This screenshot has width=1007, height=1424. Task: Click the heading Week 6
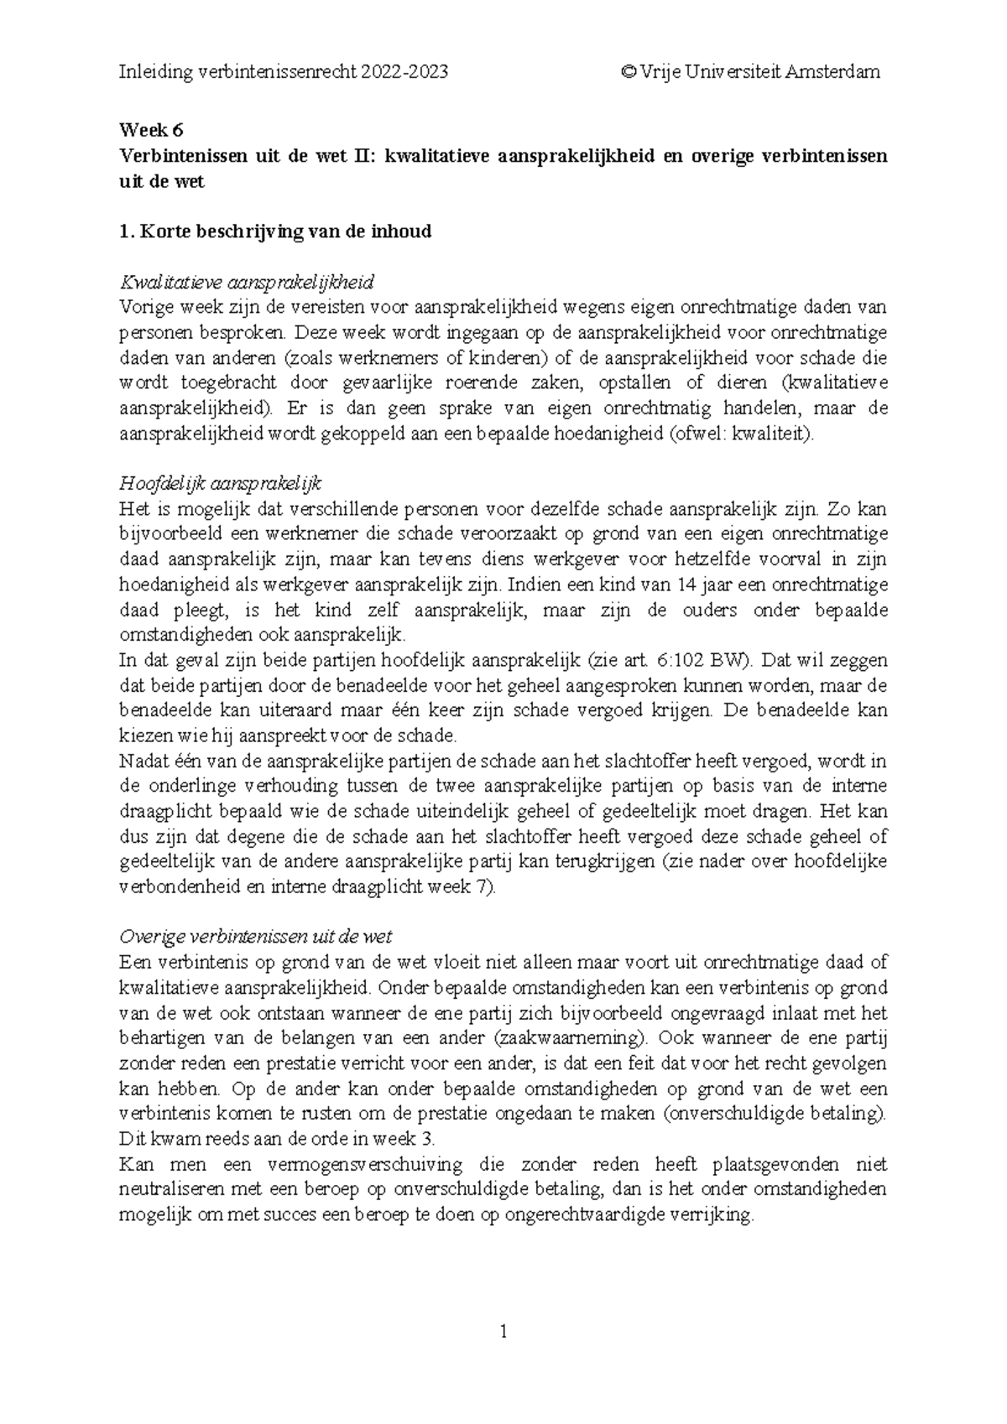click(x=151, y=130)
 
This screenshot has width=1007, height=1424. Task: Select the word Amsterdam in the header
click(x=832, y=71)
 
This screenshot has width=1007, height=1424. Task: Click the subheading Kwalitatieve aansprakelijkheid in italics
click(x=247, y=281)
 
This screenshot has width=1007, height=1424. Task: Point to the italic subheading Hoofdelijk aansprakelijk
click(x=222, y=484)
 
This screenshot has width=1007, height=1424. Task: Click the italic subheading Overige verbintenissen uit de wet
click(x=256, y=937)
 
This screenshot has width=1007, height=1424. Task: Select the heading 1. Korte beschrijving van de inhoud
click(x=275, y=231)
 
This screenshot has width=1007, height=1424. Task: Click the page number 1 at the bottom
click(x=503, y=1331)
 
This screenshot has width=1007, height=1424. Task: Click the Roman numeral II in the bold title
click(x=357, y=156)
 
